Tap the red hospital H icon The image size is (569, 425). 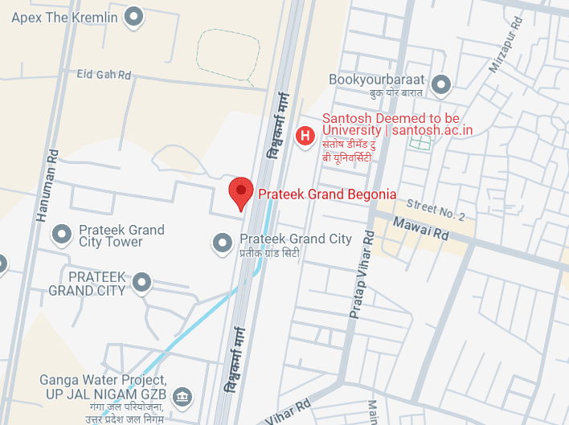coord(305,136)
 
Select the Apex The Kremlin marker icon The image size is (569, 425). coord(135,16)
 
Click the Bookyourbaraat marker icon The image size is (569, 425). coord(440,84)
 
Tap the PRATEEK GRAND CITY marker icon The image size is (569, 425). coord(142,282)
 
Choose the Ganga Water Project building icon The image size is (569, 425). coord(183,394)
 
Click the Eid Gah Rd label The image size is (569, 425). coord(103,75)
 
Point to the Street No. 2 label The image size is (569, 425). coord(436,210)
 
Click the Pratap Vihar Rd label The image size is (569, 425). coord(360,274)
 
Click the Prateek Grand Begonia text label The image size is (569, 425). coord(326,194)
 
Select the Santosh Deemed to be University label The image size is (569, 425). coord(397,124)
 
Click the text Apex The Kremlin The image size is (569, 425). coord(64,17)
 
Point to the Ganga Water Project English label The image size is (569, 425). coord(104,386)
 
